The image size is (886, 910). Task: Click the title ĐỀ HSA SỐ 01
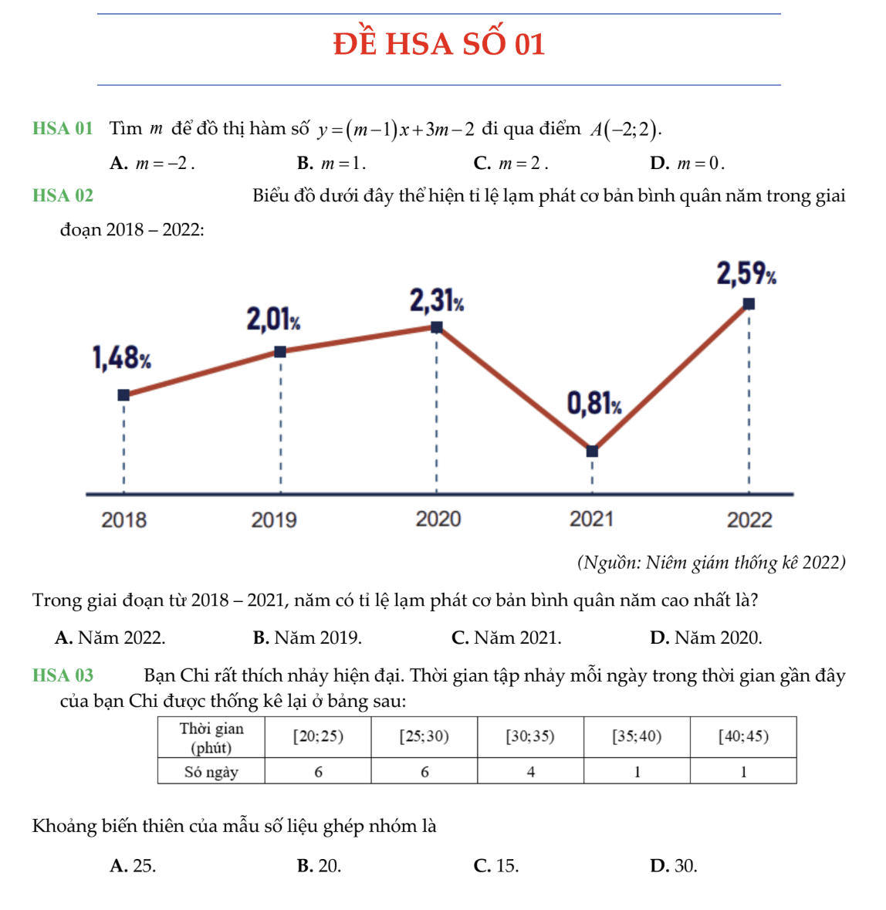pyautogui.click(x=439, y=44)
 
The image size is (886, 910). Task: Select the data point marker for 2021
pyautogui.click(x=592, y=452)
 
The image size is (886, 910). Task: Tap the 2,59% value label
pyautogui.click(x=746, y=274)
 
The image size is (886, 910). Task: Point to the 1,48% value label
pyautogui.click(x=121, y=358)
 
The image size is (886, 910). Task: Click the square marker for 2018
pyautogui.click(x=123, y=395)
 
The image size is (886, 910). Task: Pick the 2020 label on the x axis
pyautogui.click(x=438, y=519)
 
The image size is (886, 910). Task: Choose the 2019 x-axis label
pyautogui.click(x=274, y=519)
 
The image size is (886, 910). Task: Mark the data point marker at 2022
pyautogui.click(x=749, y=304)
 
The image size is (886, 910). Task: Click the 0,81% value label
pyautogui.click(x=594, y=403)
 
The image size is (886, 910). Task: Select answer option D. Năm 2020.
pyautogui.click(x=705, y=638)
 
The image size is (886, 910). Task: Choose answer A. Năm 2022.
pyautogui.click(x=110, y=638)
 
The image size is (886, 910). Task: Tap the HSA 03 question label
pyautogui.click(x=63, y=676)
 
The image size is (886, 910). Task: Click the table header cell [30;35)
pyautogui.click(x=530, y=737)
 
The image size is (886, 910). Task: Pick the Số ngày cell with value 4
pyautogui.click(x=530, y=772)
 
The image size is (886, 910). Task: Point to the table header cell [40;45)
pyautogui.click(x=743, y=737)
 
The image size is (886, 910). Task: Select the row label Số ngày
pyautogui.click(x=211, y=772)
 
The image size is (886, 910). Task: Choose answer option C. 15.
pyautogui.click(x=496, y=866)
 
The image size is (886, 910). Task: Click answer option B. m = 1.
pyautogui.click(x=331, y=164)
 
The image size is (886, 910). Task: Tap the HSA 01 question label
pyautogui.click(x=63, y=129)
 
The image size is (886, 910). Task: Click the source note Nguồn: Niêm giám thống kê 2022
pyautogui.click(x=711, y=563)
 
